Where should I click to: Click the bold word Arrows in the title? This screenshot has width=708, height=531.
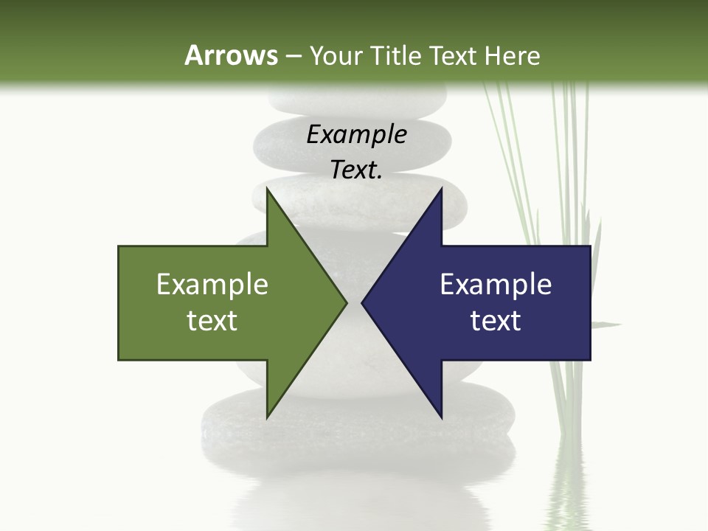click(x=230, y=55)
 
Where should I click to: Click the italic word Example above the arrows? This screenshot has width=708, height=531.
click(x=357, y=134)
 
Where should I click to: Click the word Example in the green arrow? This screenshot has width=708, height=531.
click(x=212, y=284)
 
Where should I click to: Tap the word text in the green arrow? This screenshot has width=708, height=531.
click(x=212, y=321)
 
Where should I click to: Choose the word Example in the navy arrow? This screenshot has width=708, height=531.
click(x=496, y=284)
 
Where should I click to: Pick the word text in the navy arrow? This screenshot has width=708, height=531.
click(x=496, y=321)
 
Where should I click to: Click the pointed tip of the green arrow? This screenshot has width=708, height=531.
click(x=344, y=302)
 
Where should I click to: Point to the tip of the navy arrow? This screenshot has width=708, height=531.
click(x=364, y=302)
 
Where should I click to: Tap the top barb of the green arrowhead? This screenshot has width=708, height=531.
click(x=268, y=193)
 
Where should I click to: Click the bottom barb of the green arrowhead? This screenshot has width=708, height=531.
click(x=268, y=414)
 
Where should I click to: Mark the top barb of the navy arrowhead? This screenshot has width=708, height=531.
click(x=440, y=193)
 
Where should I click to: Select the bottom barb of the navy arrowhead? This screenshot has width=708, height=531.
click(x=440, y=414)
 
